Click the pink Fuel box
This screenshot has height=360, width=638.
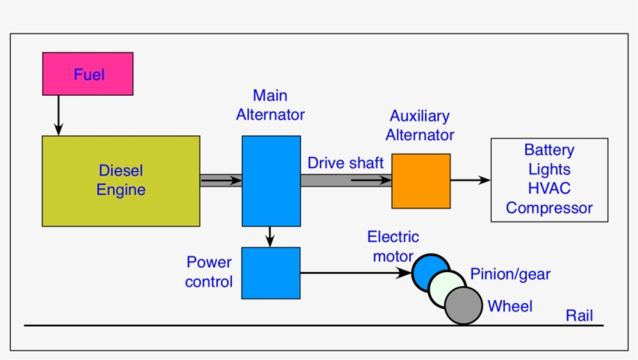89,75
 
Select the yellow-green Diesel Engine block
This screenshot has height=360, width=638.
121,180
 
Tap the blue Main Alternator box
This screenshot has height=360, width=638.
271,180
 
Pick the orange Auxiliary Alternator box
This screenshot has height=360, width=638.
420,180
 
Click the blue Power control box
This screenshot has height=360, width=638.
271,273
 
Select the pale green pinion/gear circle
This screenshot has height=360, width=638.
447,288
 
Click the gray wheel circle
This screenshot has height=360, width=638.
464,306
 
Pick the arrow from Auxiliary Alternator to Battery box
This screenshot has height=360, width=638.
470,180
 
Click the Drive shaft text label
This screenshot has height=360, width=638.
345,163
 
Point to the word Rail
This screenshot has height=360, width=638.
579,315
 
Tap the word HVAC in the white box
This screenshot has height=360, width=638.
549,189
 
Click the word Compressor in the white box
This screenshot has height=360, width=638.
549,208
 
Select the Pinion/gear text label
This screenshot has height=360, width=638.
510,274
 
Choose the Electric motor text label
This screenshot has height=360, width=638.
393,246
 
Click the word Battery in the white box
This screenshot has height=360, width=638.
549,150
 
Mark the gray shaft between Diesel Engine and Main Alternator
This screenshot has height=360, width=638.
221,180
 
